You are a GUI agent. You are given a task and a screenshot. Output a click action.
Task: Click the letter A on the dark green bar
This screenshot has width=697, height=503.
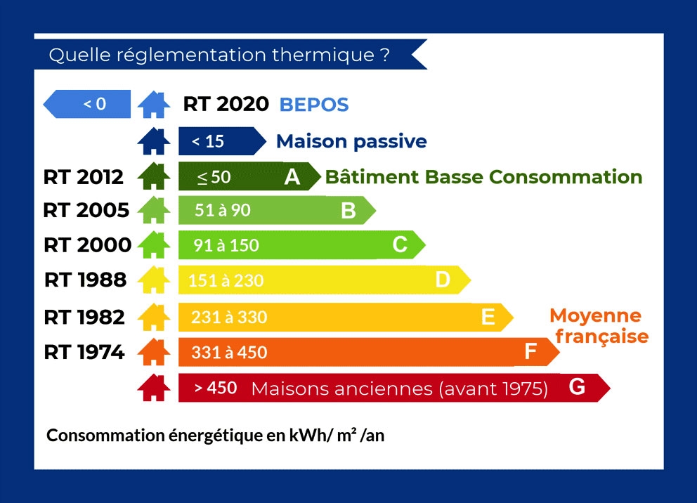tap(292, 177)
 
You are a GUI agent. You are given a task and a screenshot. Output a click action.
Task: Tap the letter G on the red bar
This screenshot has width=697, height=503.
tap(577, 386)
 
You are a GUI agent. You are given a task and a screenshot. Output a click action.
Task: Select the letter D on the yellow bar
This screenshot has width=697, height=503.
tap(443, 280)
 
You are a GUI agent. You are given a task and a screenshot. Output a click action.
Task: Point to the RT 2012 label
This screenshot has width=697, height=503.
tap(83, 177)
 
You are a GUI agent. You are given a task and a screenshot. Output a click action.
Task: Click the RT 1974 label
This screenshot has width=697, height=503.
tap(84, 352)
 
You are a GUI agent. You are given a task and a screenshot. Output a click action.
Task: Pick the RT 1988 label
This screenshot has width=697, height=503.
tap(85, 280)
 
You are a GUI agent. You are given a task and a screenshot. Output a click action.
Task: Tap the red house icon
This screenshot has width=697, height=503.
tap(154, 388)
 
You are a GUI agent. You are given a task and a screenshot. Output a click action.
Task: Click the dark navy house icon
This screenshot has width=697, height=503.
tap(154, 141)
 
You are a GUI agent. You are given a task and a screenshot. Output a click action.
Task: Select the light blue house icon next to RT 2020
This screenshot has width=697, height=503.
tap(154, 105)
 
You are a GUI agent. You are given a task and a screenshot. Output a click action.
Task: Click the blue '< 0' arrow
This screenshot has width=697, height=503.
tap(87, 104)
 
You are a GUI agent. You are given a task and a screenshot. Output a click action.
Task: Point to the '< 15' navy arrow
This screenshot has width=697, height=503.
tap(222, 141)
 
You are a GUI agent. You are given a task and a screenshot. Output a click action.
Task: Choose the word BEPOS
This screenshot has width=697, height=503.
tap(314, 105)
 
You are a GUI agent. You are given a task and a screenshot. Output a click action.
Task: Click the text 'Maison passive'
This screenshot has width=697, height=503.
tap(351, 142)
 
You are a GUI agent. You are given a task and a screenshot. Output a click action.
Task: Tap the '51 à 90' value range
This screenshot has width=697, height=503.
tap(223, 210)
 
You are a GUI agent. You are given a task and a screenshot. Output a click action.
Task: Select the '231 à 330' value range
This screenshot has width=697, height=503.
tap(229, 318)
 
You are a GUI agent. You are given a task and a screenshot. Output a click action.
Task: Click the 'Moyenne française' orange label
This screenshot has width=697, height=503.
tap(599, 326)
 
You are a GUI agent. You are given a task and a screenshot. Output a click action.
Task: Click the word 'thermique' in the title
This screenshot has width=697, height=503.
tap(323, 55)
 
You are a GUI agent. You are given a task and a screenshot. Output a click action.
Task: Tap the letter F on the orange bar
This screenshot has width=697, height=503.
tap(530, 351)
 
